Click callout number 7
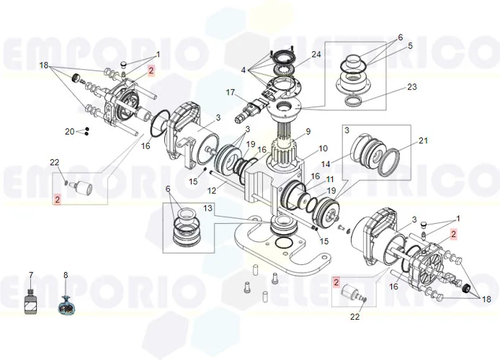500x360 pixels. pyautogui.click(x=30, y=275)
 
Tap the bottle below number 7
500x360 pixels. pyautogui.click(x=30, y=301)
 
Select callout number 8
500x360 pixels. pyautogui.click(x=66, y=275)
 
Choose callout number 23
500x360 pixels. pyautogui.click(x=411, y=86)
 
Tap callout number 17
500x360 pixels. pyautogui.click(x=231, y=92)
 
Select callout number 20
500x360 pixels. pyautogui.click(x=69, y=131)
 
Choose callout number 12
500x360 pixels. pyautogui.click(x=213, y=191)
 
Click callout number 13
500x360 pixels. pyautogui.click(x=208, y=208)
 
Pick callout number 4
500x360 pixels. pyautogui.click(x=245, y=71)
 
